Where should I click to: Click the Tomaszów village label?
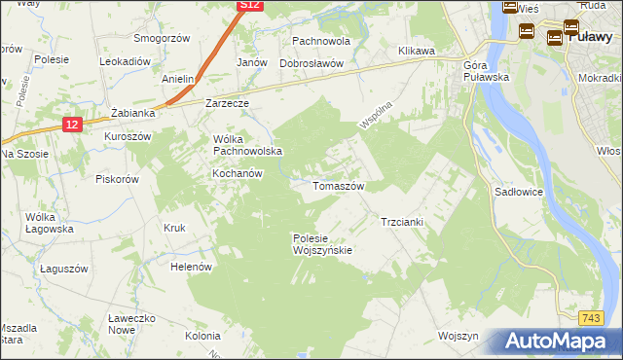click(338, 186)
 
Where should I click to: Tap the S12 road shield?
click(250, 6)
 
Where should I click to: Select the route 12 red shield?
click(72, 125)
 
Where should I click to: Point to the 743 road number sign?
click(590, 318)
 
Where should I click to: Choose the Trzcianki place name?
click(401, 222)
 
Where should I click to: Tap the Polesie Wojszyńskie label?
click(321, 244)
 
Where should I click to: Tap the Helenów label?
click(191, 267)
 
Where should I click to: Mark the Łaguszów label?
click(64, 269)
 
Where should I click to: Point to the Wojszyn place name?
click(459, 336)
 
